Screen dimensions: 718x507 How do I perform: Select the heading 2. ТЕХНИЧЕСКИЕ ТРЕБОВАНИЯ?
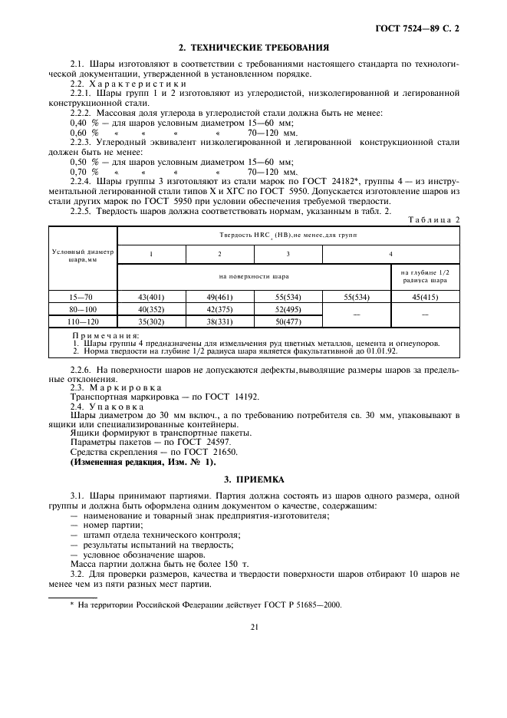coord(254,47)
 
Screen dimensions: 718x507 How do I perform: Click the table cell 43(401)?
coord(152,296)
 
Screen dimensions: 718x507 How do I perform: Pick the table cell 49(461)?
coord(219,296)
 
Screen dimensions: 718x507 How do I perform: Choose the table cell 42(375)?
coord(219,309)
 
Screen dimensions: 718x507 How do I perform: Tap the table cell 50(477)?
coord(288,322)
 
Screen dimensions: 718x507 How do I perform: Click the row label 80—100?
coord(82,309)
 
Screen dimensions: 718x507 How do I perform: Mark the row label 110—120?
coord(82,322)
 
